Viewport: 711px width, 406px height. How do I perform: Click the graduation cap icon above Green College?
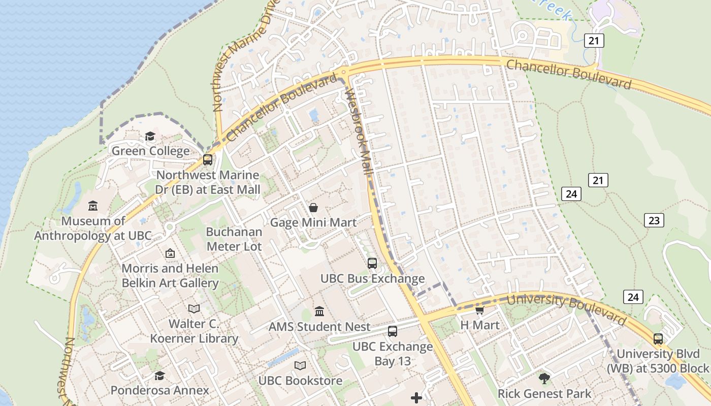point(150,136)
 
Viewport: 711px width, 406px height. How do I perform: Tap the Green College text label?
point(150,151)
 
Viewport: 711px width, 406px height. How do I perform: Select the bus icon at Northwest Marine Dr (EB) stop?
point(208,160)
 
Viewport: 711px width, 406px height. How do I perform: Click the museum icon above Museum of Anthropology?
point(93,206)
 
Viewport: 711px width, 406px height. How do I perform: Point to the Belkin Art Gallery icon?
point(170,253)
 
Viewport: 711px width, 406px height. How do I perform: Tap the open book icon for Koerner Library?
point(194,309)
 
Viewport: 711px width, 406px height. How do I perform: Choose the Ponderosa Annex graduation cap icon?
point(159,376)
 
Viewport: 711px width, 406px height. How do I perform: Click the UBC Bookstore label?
point(300,380)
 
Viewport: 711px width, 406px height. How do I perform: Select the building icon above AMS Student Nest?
point(319,311)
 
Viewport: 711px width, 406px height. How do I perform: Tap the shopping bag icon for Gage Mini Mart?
point(313,208)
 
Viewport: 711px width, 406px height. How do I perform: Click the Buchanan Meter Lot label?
point(234,239)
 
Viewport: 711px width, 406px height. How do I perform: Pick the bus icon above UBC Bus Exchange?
point(372,263)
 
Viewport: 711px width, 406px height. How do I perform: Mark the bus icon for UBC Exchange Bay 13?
point(393,331)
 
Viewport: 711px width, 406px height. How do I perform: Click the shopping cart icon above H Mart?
point(479,310)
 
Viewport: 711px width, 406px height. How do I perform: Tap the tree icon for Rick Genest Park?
point(544,378)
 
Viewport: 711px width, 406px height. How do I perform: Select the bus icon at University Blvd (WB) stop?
point(658,339)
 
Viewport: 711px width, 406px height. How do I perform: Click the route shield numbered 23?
point(654,220)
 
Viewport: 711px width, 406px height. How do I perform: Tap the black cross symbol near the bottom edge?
point(416,398)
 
